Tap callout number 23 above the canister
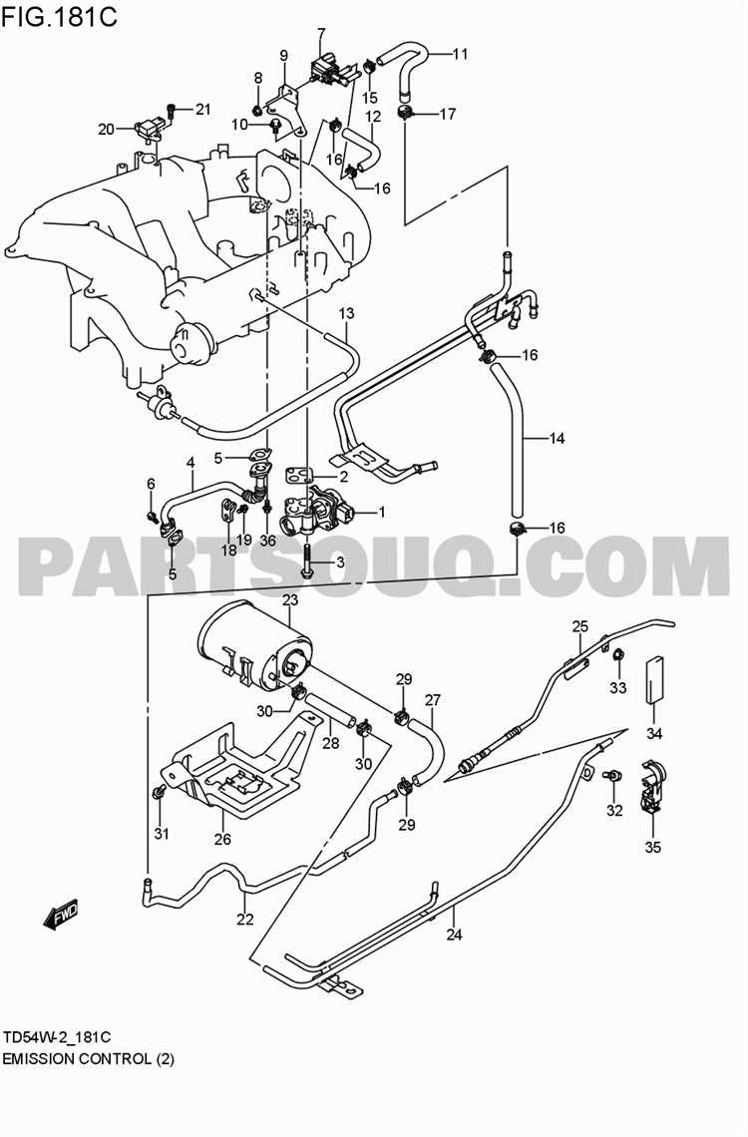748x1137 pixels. (x=290, y=600)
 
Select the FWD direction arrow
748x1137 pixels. (x=61, y=914)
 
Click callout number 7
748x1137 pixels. (x=321, y=34)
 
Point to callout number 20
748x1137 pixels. (x=106, y=129)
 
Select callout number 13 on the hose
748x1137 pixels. (x=346, y=314)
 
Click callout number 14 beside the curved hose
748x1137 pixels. (x=557, y=438)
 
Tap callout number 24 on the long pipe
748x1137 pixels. (x=455, y=935)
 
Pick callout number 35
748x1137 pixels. (x=652, y=848)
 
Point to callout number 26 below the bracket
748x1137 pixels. (x=222, y=839)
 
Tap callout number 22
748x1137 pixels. (x=245, y=920)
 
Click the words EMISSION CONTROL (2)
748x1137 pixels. (x=88, y=1058)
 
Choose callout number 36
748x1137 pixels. (x=267, y=540)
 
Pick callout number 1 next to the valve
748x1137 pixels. (x=380, y=513)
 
